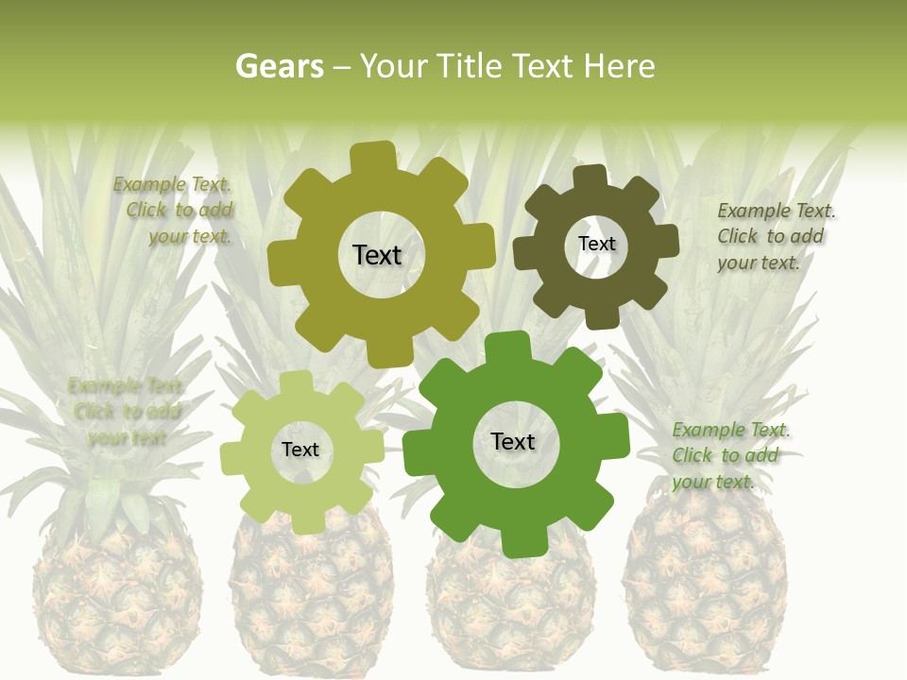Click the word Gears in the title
pos(279,66)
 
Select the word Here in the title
pos(619,66)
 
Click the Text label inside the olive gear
pos(377,255)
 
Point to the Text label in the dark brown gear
pos(596,244)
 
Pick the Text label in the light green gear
pos(300,450)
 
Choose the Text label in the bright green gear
pos(513,441)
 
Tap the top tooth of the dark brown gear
pos(590,176)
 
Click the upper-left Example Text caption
pos(176,211)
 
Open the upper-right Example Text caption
pos(775,236)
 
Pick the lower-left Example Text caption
pos(127,411)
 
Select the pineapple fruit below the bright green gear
pos(510,604)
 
